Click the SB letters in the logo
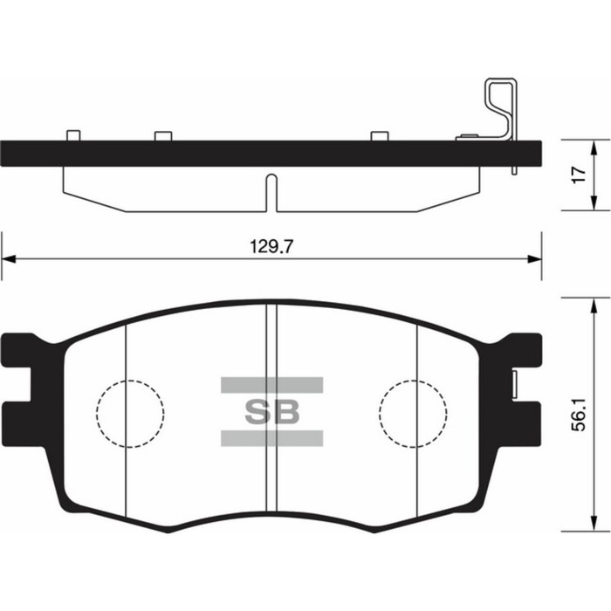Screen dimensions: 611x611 [x=271, y=412]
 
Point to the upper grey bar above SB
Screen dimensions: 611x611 [x=271, y=384]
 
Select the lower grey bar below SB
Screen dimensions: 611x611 [x=271, y=438]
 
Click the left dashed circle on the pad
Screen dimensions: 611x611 [x=130, y=414]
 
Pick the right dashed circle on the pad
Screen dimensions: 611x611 [x=413, y=414]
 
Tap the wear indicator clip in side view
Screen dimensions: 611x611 [x=500, y=109]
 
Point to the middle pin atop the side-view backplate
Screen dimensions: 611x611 [x=163, y=135]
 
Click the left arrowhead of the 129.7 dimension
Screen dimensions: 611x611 [x=7, y=258]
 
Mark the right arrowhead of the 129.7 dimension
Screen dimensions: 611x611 [x=535, y=258]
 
